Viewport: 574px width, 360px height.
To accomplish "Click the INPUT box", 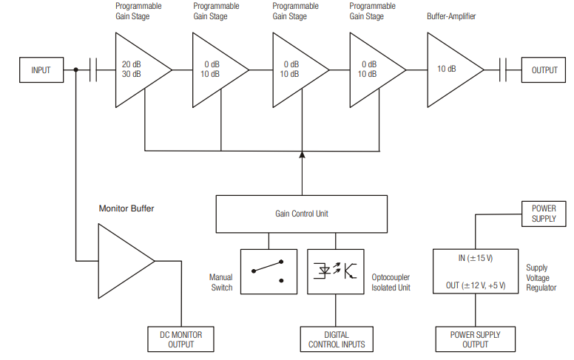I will [x=41, y=70].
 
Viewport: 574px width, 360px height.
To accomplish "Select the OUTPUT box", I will [x=544, y=70].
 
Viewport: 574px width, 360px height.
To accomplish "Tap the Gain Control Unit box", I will [x=301, y=214].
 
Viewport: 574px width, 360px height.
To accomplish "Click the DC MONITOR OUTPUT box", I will [x=181, y=339].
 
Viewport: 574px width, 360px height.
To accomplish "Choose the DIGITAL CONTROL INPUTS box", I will [x=337, y=339].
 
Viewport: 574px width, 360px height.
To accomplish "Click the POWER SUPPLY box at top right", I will [x=544, y=214].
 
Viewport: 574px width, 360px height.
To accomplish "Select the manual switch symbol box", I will [x=269, y=272].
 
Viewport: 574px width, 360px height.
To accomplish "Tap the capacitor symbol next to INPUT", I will [x=94, y=70].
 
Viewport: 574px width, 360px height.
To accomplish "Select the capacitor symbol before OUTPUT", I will [x=503, y=70].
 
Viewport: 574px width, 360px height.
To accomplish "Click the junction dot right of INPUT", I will [x=76, y=70].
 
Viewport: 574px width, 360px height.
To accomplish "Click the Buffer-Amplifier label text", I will [x=451, y=15].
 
